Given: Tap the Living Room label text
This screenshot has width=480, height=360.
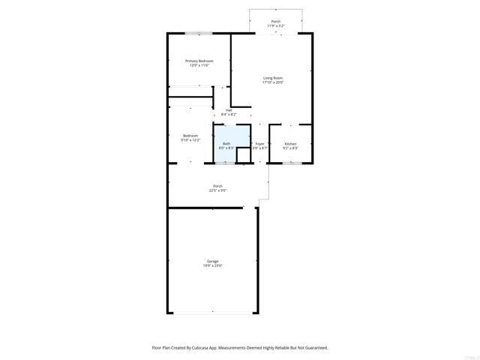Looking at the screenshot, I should click(273, 78).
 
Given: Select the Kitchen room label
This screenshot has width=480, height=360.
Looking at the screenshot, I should click(290, 143).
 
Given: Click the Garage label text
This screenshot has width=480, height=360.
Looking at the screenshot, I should click(213, 261).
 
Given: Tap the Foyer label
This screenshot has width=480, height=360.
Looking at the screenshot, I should click(259, 143).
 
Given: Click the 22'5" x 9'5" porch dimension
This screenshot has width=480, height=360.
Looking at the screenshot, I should click(217, 190).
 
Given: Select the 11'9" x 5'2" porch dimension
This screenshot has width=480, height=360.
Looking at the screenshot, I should click(276, 26).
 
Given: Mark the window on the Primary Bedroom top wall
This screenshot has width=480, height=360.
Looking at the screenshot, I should click(199, 33).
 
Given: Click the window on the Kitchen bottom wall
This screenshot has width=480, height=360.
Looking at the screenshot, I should click(291, 163).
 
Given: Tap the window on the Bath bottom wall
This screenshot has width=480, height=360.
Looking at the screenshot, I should click(226, 163).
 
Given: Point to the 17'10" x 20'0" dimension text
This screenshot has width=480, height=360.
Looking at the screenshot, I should click(273, 82).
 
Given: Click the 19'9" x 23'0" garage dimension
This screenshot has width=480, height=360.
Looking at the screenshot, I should click(213, 265).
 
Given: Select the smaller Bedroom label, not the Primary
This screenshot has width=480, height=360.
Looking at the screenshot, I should click(190, 136).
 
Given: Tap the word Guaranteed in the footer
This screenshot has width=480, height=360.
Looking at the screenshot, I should click(313, 348).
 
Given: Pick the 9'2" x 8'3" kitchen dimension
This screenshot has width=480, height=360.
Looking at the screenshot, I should click(290, 148).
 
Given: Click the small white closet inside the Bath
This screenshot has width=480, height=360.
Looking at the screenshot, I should click(242, 154).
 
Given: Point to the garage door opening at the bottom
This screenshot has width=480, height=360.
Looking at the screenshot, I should click(213, 313).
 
